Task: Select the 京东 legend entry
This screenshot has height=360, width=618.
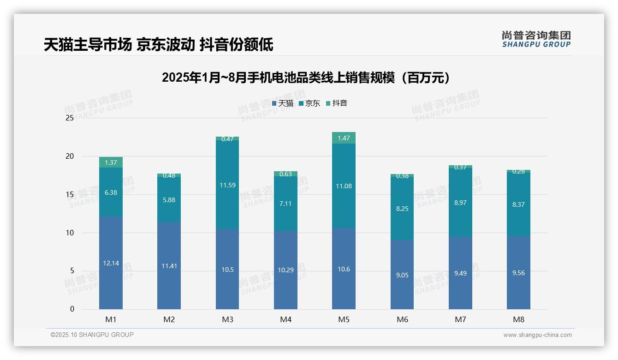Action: (309, 103)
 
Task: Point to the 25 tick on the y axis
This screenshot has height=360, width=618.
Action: (70, 118)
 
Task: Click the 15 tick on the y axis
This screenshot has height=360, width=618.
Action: (70, 194)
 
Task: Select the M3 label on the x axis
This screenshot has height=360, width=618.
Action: (227, 319)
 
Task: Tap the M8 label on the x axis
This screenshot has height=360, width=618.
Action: (518, 319)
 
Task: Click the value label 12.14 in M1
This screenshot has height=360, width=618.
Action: (111, 263)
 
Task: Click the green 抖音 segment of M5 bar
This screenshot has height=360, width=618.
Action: (344, 138)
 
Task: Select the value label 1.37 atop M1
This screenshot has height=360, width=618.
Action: (111, 162)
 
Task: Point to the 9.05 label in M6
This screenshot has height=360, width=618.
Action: (402, 275)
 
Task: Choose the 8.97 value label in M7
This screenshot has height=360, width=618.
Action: (460, 202)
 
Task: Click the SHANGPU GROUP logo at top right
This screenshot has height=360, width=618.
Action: (536, 39)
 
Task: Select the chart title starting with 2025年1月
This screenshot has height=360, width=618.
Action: (306, 78)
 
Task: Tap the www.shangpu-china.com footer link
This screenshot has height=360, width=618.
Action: (537, 335)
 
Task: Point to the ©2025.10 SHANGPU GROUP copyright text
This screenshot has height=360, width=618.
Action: (92, 335)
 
